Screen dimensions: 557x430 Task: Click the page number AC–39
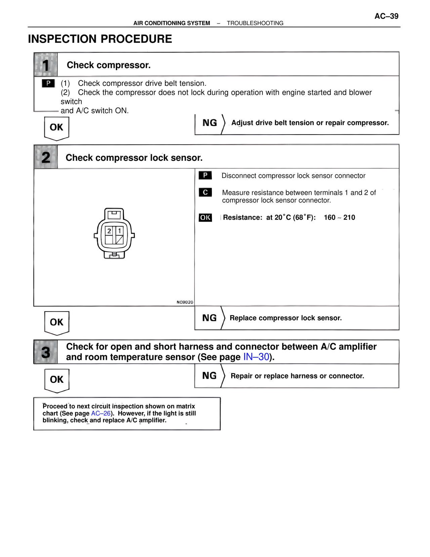pos(386,16)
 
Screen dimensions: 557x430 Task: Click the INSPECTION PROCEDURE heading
pos(100,39)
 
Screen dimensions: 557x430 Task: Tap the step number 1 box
pos(46,65)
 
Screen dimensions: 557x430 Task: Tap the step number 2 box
pos(46,157)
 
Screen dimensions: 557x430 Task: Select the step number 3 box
pos(46,352)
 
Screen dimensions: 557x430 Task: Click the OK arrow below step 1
pos(56,128)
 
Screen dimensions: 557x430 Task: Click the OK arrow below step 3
pos(56,380)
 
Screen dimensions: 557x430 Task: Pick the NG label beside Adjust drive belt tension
pos(210,123)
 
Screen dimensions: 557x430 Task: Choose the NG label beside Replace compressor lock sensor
pos(209,318)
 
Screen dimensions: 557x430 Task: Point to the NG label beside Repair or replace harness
pos(209,376)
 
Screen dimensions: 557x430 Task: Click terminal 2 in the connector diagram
pos(109,231)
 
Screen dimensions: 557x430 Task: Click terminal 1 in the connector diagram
pos(119,231)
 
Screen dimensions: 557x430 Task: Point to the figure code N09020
pos(185,302)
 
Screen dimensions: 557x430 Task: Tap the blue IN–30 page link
pos(256,357)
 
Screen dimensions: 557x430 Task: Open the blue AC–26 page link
pos(101,413)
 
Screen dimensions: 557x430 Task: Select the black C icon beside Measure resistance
pos(205,192)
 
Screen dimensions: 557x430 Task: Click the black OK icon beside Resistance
pos(205,218)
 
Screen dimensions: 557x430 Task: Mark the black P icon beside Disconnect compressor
pos(205,175)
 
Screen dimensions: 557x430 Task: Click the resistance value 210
pos(349,218)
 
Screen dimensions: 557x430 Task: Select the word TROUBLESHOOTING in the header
pos(255,23)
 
